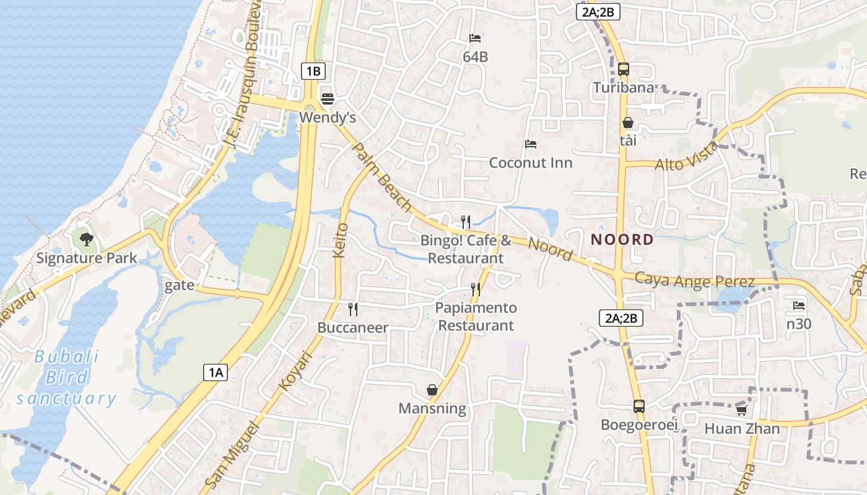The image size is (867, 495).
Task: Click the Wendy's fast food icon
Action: [328, 98]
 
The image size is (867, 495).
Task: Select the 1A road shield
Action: [215, 372]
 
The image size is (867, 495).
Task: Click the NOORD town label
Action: [622, 239]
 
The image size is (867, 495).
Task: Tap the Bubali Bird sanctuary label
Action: [67, 377]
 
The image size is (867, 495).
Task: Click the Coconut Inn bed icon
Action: [531, 144]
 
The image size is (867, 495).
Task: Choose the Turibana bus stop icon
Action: [624, 69]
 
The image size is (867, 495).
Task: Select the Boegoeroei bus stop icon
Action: [639, 407]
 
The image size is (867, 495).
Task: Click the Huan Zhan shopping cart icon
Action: [741, 410]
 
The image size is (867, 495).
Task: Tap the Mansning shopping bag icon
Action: [432, 390]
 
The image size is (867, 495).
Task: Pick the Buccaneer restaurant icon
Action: [353, 309]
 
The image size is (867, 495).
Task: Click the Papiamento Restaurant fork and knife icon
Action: [476, 289]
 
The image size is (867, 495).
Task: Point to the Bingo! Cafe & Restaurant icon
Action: [466, 222]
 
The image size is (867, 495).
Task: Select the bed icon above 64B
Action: [475, 38]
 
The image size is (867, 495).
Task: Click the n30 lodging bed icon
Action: [799, 305]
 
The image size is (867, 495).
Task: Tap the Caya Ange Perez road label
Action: [695, 280]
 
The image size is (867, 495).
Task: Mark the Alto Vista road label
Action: [687, 157]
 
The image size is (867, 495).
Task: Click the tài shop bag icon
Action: [628, 123]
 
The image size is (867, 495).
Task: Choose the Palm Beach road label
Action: [381, 176]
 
